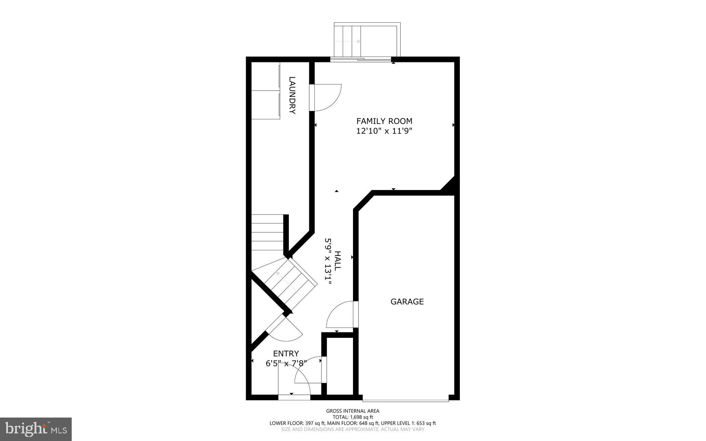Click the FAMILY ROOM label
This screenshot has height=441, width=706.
[x=384, y=121]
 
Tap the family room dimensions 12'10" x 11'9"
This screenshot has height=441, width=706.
[x=384, y=131]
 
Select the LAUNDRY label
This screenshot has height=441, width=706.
[x=292, y=95]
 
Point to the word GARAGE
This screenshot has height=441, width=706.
[x=407, y=302]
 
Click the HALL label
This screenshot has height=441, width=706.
[x=337, y=261]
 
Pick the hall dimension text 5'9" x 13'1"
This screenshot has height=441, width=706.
[x=328, y=261]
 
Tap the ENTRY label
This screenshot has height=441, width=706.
[x=286, y=354]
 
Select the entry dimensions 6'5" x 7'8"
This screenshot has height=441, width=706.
[x=286, y=363]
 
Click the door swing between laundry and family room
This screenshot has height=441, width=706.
[x=326, y=98]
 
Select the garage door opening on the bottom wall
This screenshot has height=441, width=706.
[x=405, y=400]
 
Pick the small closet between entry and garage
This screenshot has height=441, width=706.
[x=340, y=365]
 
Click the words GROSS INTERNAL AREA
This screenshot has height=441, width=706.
[x=353, y=411]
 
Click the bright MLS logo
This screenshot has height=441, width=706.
[x=36, y=429]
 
